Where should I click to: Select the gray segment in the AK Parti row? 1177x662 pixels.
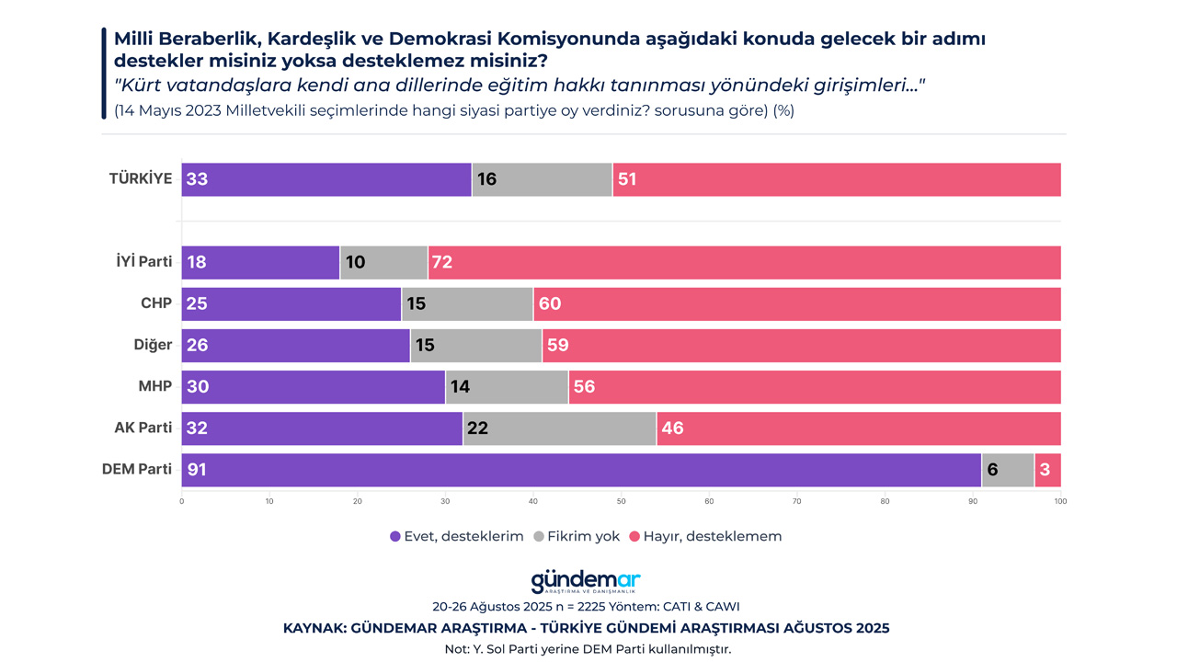(x=559, y=428)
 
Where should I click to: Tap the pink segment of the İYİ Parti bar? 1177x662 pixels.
(x=745, y=262)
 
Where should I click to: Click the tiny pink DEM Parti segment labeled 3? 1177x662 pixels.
(x=1047, y=470)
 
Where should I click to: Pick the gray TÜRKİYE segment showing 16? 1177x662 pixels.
(x=542, y=179)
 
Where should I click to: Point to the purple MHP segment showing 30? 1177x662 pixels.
(x=313, y=387)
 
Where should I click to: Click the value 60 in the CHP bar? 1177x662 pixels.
(x=550, y=303)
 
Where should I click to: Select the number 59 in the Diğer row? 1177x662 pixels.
(x=557, y=346)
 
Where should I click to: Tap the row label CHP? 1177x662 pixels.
(x=156, y=303)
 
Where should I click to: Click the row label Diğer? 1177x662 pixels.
(x=153, y=345)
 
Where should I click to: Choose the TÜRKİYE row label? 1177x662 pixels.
(x=141, y=178)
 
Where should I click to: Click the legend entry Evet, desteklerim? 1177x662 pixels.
(x=457, y=536)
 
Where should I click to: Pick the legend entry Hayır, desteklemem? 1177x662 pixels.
(x=705, y=536)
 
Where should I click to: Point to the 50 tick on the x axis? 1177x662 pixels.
(x=621, y=501)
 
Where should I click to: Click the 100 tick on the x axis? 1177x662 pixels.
(x=1060, y=501)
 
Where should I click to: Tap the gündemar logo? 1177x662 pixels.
(x=586, y=582)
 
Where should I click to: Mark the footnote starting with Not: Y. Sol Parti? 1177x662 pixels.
(x=588, y=648)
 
